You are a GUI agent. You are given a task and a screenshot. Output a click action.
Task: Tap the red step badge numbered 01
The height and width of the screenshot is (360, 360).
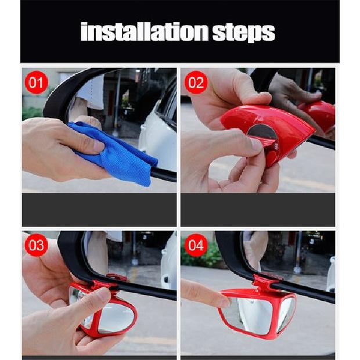(x=37, y=83)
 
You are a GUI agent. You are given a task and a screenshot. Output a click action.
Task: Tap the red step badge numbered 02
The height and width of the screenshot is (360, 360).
(x=196, y=83)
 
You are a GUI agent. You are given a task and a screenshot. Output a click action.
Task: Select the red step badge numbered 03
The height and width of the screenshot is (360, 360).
(x=37, y=245)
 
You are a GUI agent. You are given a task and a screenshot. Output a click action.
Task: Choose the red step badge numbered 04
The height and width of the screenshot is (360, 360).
(x=196, y=245)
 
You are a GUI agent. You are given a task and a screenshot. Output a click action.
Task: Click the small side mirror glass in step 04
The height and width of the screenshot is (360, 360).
(x=286, y=314)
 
